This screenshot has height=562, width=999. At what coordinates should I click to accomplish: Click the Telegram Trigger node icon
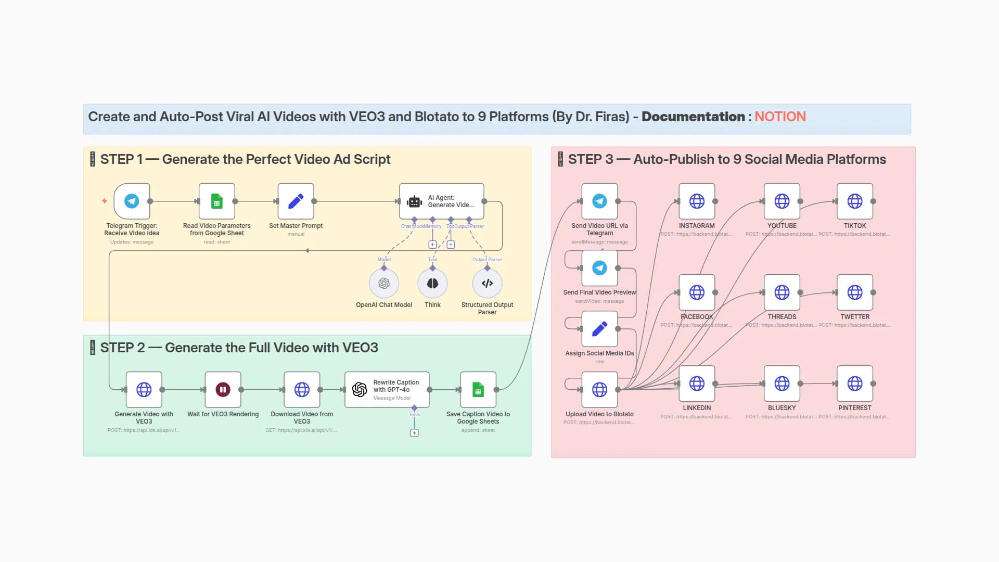coord(132,201)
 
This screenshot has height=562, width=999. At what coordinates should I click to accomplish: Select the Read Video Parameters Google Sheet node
coord(216,201)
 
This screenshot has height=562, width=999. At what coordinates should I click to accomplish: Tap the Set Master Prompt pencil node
coord(296,201)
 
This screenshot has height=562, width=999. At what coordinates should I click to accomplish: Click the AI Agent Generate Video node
coord(441,201)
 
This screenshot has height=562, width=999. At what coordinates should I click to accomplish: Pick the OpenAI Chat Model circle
coord(384,283)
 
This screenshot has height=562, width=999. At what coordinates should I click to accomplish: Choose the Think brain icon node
coord(432,283)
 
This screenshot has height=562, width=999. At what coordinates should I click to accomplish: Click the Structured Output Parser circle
coord(487,283)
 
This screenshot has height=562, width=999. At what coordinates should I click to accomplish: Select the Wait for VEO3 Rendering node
coord(223,389)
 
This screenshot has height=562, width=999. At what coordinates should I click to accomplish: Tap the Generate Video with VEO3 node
coord(144,389)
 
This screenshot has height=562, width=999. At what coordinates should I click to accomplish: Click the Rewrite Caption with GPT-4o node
coord(387,389)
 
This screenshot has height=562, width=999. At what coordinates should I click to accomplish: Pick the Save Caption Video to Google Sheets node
coord(478,389)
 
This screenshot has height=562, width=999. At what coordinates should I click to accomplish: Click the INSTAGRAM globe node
coord(697,201)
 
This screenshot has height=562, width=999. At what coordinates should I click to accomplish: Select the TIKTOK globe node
coord(854,201)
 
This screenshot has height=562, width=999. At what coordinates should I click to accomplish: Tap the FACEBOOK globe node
coord(697,292)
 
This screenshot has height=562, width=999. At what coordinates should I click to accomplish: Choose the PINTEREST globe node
coord(854,384)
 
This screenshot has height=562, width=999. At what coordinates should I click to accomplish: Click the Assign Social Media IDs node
coord(599,328)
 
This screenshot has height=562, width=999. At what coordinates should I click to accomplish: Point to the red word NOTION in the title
coord(780,117)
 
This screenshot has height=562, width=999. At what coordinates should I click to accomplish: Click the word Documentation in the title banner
coord(693,117)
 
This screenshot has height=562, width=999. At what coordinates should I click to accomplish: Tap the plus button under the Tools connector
coord(414,433)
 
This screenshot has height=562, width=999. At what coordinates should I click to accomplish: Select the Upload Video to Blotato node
coord(599,389)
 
